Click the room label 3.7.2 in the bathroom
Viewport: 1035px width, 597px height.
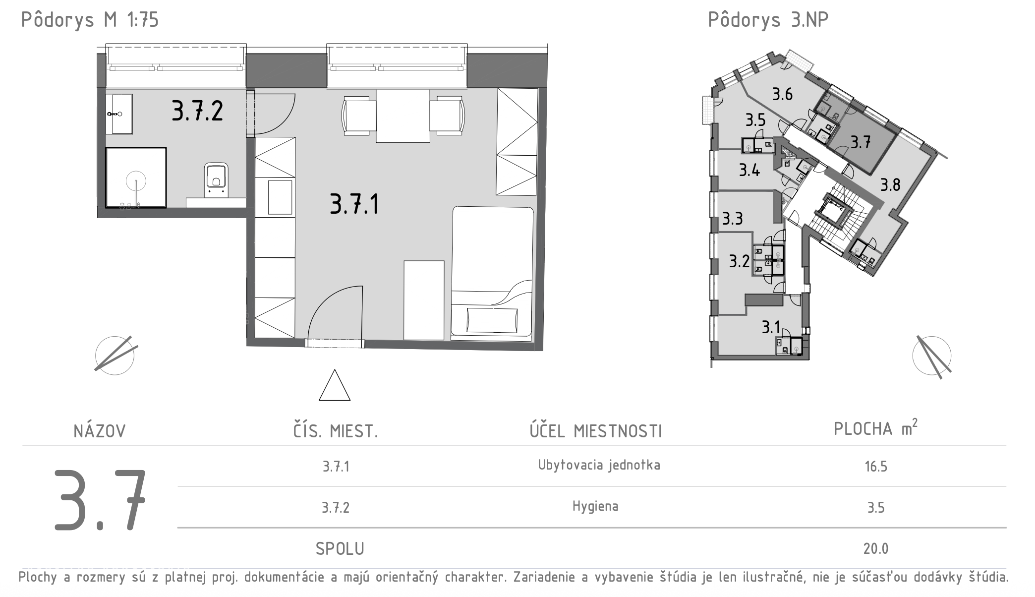197,111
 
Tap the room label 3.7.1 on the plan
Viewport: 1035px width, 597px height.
354,204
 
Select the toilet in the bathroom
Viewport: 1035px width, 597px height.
216,179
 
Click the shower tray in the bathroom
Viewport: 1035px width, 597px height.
136,177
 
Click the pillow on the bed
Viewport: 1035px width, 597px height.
492,321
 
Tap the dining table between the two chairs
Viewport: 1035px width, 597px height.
402,116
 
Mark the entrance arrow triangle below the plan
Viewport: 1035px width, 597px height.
335,385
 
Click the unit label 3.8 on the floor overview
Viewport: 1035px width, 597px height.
890,185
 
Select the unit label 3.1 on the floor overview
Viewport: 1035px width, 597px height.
771,327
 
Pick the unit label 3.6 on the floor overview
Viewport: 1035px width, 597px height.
782,94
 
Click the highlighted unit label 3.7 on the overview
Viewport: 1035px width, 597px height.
861,143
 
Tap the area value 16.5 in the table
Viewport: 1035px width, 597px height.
876,467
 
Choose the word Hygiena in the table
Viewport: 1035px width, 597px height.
595,506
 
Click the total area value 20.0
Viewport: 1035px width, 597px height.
876,549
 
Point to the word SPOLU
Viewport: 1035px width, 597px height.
340,549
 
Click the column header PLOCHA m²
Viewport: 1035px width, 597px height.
875,427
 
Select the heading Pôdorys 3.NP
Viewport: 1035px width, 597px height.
768,20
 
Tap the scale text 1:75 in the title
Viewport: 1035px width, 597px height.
143,20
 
